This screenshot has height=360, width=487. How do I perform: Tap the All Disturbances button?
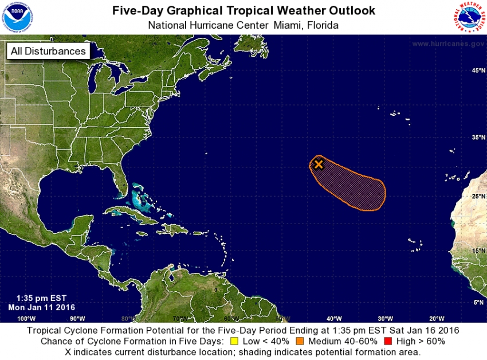48,51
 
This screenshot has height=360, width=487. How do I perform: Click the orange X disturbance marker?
319,165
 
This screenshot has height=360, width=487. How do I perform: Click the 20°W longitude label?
437,319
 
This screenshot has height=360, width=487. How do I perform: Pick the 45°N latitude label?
478,71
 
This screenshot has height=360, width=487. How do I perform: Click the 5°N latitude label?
480,302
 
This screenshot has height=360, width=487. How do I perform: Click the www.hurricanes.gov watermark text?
448,44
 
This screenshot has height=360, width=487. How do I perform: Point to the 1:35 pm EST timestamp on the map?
37,298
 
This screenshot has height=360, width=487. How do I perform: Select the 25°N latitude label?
478,196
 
